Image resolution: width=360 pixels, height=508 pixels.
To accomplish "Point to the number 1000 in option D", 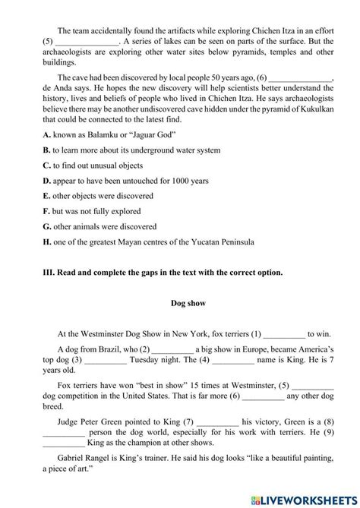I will click(175, 180).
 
